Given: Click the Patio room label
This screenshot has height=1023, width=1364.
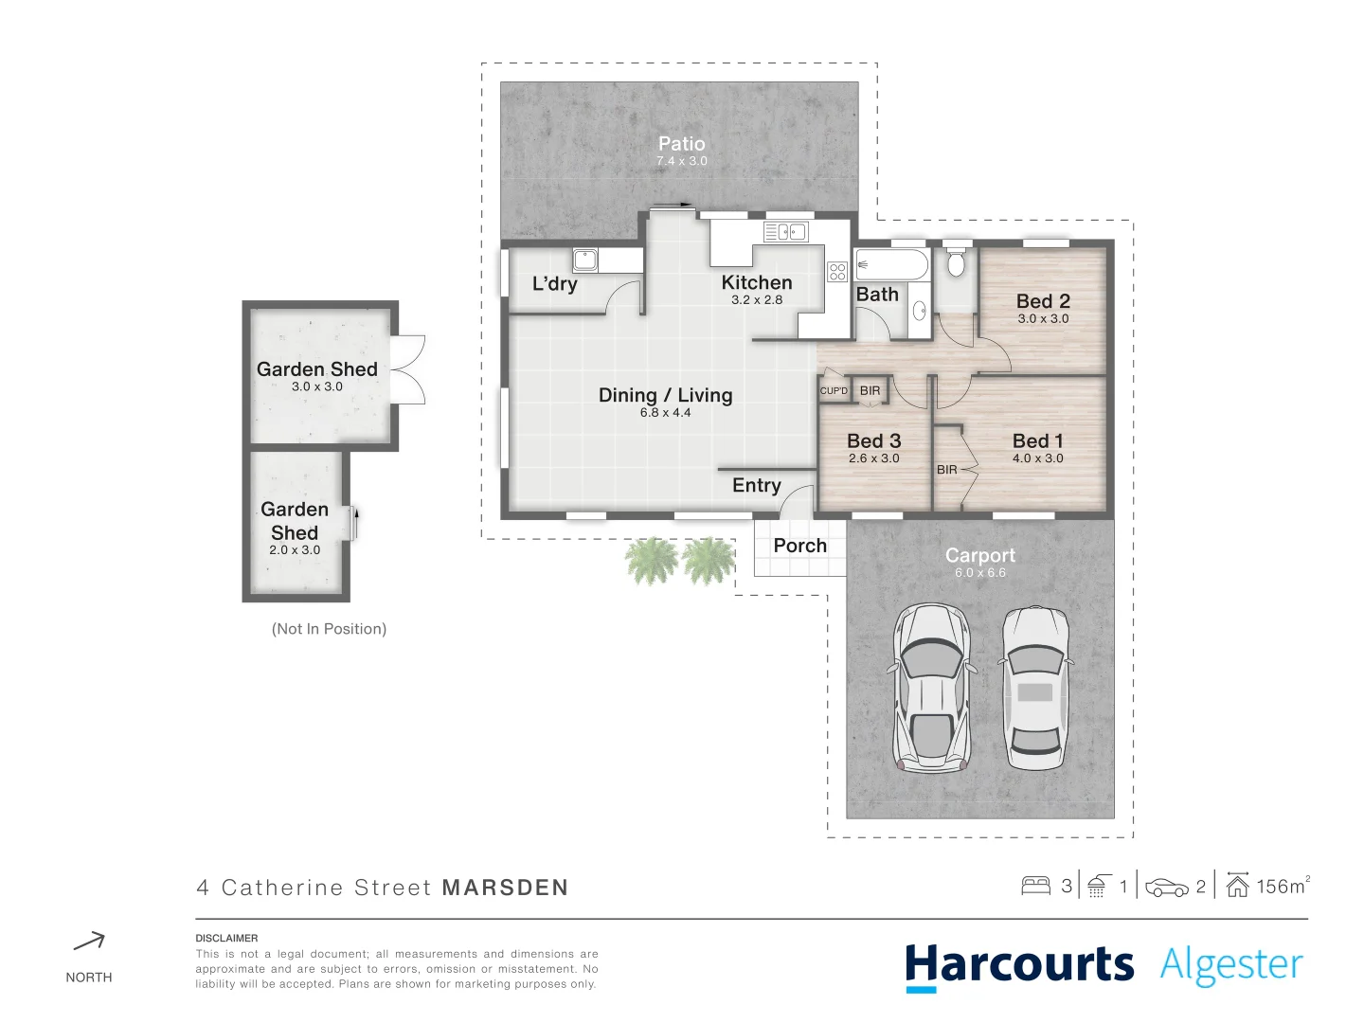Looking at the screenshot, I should tap(681, 144).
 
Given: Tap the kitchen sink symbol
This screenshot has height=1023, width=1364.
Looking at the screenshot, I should tap(785, 231).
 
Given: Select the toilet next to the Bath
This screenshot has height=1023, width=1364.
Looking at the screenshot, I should tap(956, 262).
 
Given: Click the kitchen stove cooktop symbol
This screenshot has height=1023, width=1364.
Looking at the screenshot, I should tap(836, 272).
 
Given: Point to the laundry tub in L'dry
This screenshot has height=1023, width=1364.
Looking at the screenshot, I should tap(585, 259).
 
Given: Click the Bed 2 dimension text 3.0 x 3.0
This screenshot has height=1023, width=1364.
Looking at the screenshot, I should tap(1043, 319).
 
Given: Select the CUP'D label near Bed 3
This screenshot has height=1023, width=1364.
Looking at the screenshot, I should tap(834, 391).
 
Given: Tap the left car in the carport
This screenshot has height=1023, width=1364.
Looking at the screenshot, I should tap(932, 687).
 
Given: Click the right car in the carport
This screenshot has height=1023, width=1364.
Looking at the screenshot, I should tap(1035, 687).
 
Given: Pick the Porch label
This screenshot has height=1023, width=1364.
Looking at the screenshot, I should tap(799, 546).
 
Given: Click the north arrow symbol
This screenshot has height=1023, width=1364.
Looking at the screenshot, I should tap(89, 942).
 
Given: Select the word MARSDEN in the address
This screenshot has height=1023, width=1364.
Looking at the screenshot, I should tap(505, 888).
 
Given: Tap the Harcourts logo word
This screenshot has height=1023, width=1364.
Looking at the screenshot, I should tap(1019, 965).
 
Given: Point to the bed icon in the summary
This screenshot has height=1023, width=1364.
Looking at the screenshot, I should tap(1035, 887).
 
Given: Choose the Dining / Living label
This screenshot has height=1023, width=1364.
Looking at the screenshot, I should tap(665, 395).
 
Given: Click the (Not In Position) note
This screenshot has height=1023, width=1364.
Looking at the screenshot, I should tap(329, 629).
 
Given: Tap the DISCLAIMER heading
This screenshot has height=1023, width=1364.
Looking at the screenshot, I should tap(226, 938).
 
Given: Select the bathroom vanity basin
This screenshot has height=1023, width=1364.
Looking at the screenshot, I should tap(919, 311).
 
